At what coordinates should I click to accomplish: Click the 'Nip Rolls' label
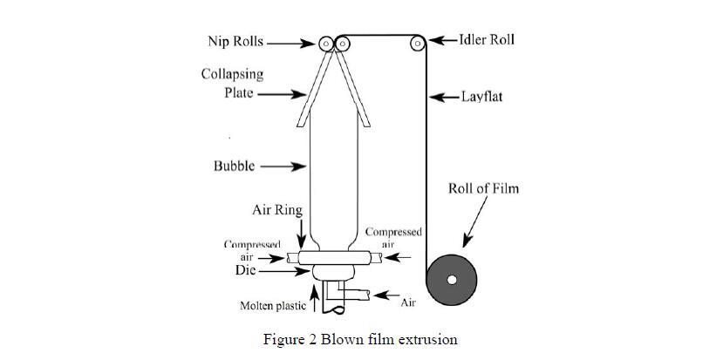(235, 41)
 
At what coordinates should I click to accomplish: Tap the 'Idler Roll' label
(487, 40)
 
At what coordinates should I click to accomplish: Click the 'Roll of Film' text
(484, 188)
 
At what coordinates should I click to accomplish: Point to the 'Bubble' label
(235, 166)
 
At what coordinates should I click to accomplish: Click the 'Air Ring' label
(276, 210)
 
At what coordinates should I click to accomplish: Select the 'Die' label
(245, 271)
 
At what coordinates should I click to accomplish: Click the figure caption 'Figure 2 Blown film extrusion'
(360, 339)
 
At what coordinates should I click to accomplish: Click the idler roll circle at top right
(418, 42)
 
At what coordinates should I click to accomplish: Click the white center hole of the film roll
(452, 280)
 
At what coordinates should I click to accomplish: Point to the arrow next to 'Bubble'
(284, 166)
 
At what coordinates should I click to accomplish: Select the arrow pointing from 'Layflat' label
(445, 96)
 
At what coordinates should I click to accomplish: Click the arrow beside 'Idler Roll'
(444, 40)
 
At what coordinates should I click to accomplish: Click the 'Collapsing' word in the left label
(233, 74)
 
